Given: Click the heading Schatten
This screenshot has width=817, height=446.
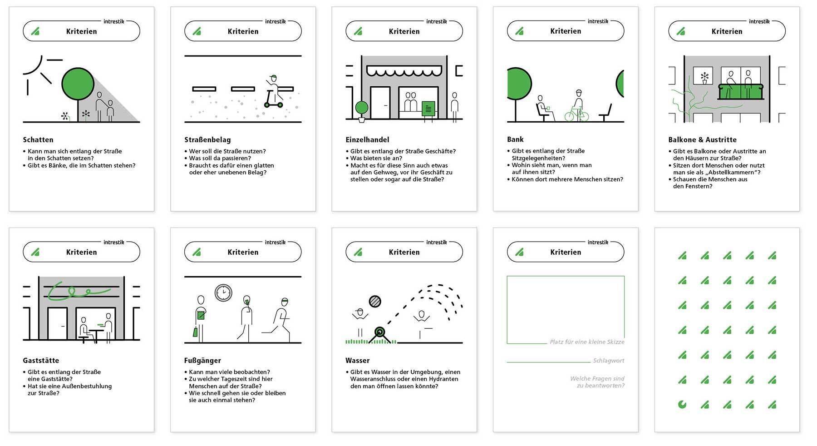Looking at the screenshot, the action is [x=38, y=140].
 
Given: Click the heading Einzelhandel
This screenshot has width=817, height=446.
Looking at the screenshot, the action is [x=367, y=140].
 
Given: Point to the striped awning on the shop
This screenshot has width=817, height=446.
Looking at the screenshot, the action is [x=404, y=70].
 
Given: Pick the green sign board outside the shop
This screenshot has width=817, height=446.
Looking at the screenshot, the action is [x=428, y=109].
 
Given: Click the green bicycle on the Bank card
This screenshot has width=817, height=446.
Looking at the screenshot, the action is [x=576, y=114].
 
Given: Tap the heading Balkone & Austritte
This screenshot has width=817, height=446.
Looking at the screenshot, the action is [x=702, y=140].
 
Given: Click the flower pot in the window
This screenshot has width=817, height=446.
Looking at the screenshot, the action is [x=704, y=78].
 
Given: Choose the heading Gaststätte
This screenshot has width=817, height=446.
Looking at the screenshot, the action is [x=41, y=361].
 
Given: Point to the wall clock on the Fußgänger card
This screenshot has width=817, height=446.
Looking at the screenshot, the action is [x=223, y=293].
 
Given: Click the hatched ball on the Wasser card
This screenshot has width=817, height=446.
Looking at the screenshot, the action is [x=375, y=301].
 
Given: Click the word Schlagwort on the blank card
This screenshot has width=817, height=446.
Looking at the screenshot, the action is [x=609, y=361].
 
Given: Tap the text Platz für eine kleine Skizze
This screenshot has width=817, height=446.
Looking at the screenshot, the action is [x=587, y=342].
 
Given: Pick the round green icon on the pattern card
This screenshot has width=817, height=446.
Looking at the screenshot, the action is [x=682, y=404].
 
